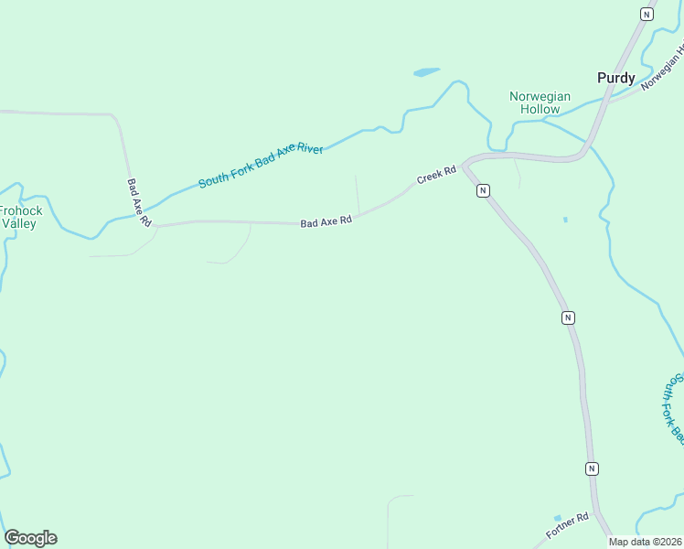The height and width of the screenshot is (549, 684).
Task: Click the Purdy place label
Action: pos(615,78)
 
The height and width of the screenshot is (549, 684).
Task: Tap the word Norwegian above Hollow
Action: pos(540,96)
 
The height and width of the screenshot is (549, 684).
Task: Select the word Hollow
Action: pos(540,109)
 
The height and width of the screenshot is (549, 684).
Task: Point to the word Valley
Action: pos(18,222)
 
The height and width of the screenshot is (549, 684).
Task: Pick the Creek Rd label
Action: pos(436,175)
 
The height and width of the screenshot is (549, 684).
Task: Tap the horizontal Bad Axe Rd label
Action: pos(326,221)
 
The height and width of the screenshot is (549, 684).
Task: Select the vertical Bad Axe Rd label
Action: pos(138,203)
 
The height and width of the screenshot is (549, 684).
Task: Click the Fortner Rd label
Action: pos(567,526)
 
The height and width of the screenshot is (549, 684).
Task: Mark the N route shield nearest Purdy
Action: pos(647,14)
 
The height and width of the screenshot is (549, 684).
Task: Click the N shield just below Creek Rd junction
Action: pos(483,190)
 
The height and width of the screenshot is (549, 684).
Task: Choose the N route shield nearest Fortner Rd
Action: pos(592,468)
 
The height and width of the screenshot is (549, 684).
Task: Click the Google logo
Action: pos(30,538)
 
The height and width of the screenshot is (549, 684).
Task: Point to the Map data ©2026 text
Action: pos(646,542)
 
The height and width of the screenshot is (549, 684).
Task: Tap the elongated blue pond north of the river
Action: pos(426,71)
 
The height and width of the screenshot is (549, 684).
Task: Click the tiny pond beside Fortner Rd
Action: pos(557,518)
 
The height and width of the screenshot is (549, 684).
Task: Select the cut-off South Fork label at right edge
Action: pos(673,407)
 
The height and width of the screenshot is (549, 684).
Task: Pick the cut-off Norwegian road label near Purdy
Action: pos(662,71)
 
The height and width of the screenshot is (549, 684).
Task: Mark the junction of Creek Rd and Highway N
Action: pos(465,166)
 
